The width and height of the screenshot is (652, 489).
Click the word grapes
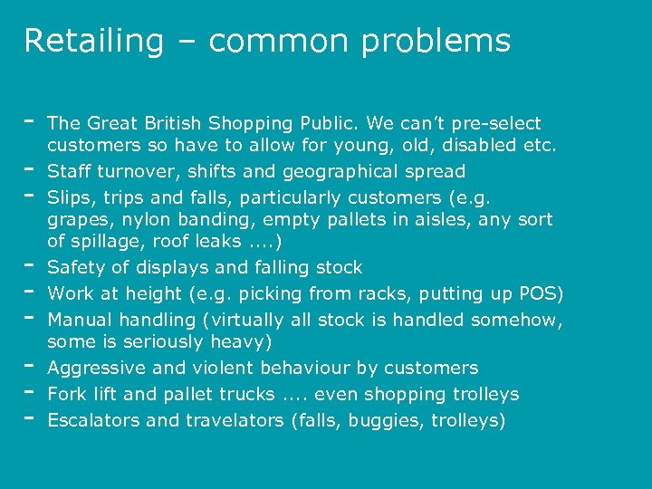74,220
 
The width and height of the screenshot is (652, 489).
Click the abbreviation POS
542,293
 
